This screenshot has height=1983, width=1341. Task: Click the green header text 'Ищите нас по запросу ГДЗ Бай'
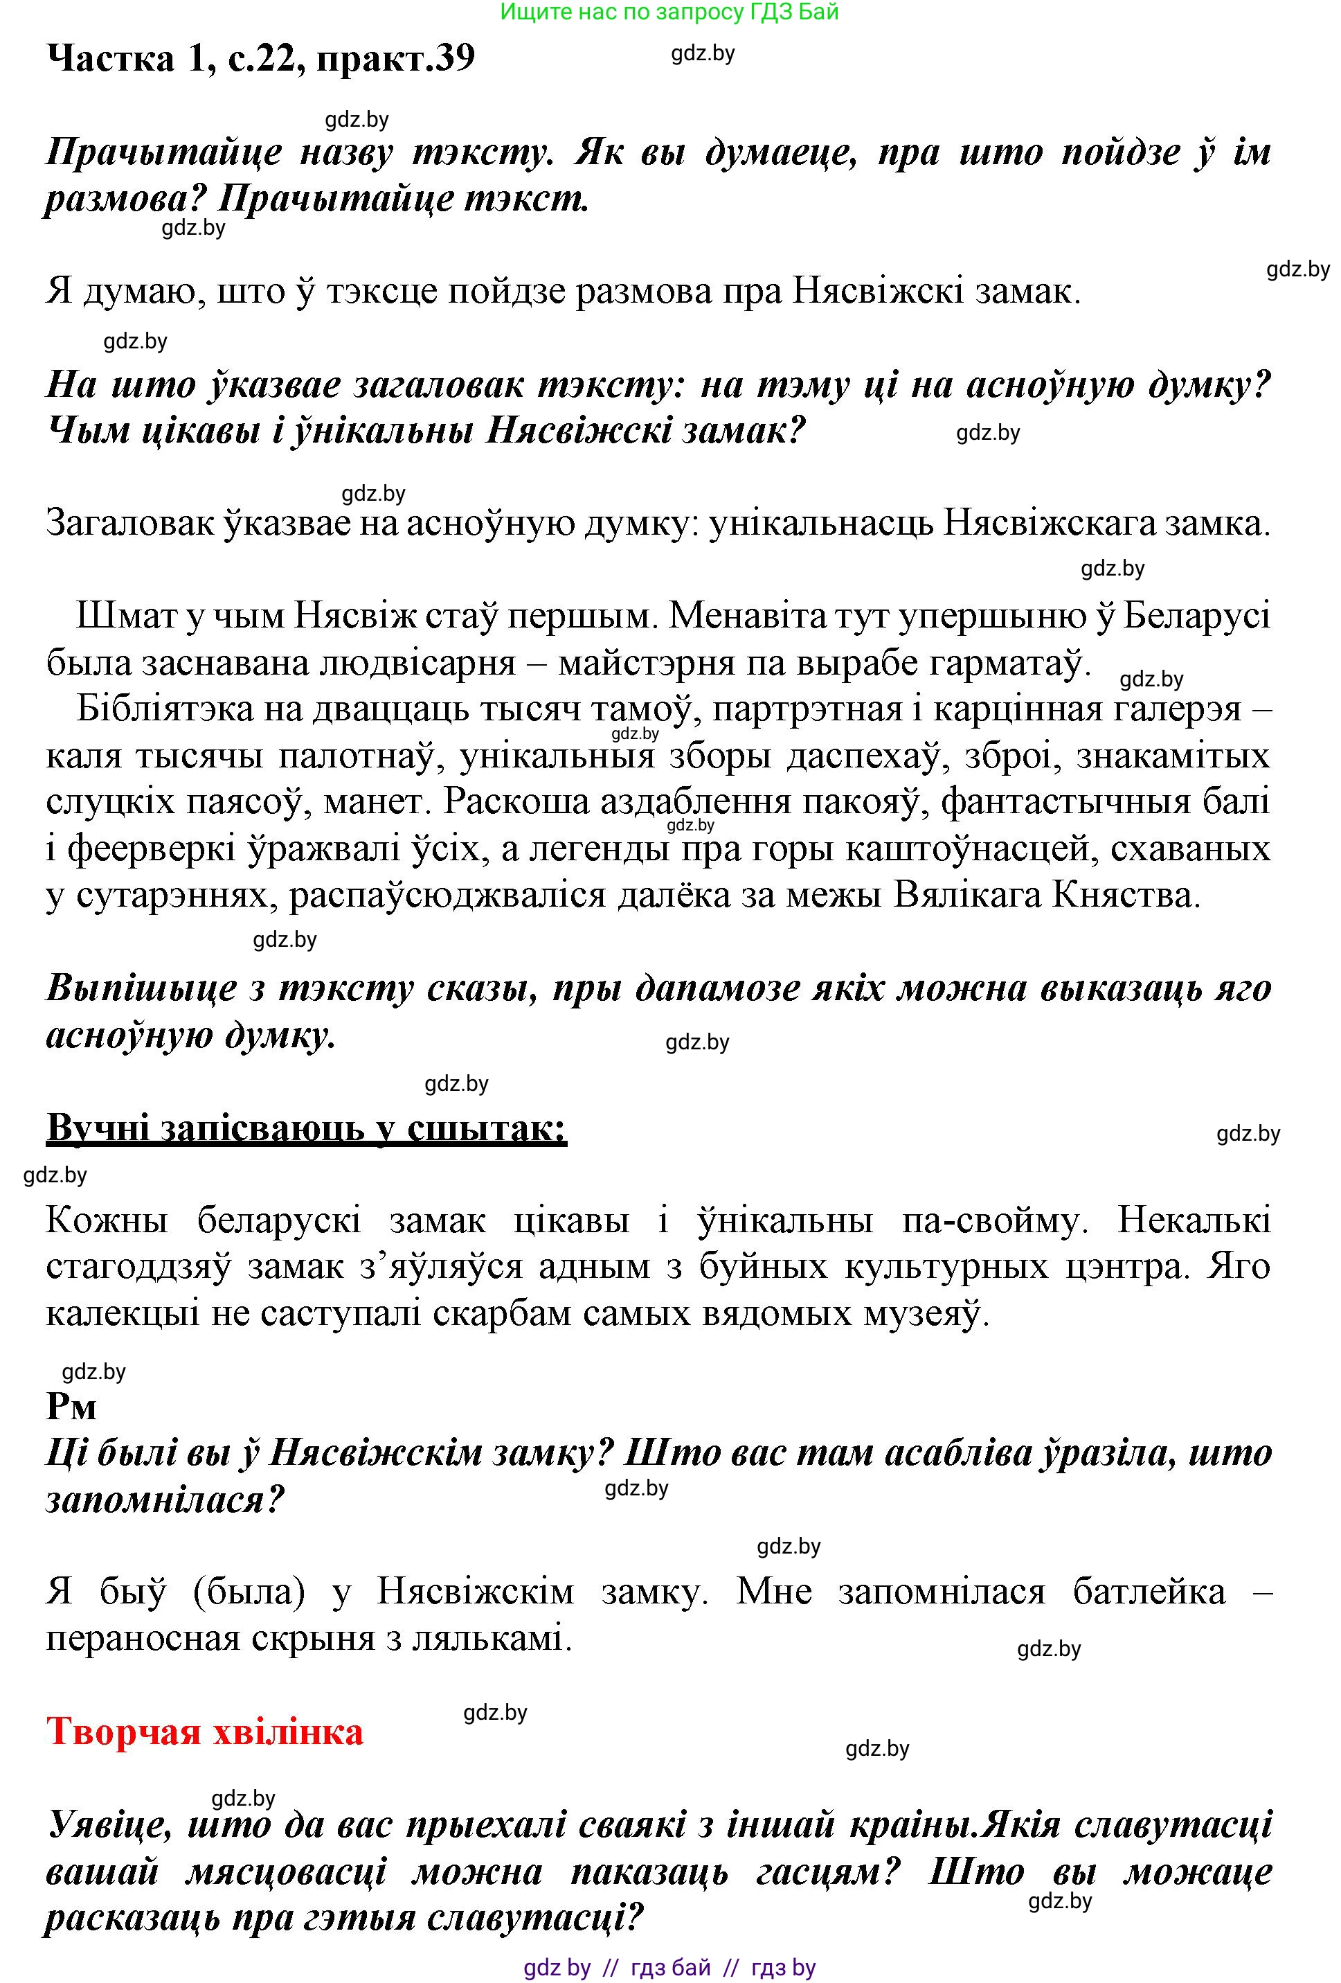pos(669,12)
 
